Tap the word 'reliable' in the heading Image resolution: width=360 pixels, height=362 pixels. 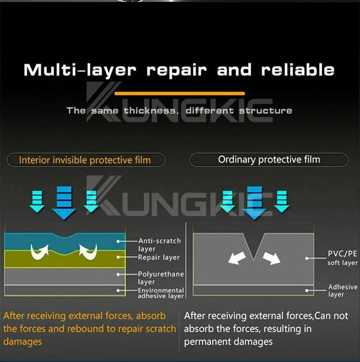pos(298,70)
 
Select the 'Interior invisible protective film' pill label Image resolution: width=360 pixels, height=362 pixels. pos(85,160)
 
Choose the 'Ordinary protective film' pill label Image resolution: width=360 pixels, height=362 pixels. pos(269,160)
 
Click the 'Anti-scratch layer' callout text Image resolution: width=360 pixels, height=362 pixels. pos(159,245)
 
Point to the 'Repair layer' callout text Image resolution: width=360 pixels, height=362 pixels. pos(159,258)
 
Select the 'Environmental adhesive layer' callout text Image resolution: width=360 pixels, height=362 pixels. pos(161,293)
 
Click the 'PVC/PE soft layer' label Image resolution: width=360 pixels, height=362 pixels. pos(342,258)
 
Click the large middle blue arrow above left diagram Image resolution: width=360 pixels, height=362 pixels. pos(64,202)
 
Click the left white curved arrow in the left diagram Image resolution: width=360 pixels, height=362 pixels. pos(39,250)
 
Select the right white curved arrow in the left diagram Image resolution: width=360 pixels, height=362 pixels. pos(88,251)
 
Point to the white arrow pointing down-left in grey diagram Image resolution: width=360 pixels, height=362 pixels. pos(237,258)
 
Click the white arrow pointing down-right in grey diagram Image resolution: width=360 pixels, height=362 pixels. pos(272,258)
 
